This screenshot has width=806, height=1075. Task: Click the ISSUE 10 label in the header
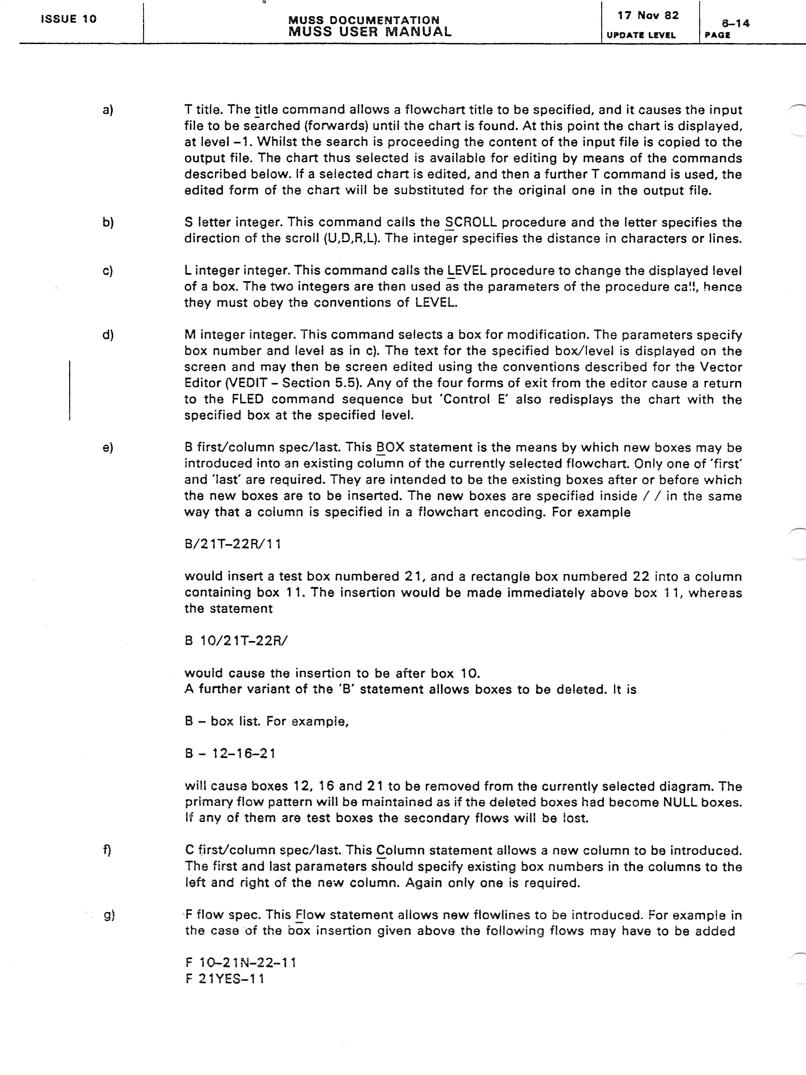click(69, 19)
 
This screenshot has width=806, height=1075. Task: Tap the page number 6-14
click(735, 23)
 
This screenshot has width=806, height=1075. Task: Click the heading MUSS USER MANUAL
click(370, 32)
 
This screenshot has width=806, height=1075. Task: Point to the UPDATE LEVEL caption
click(641, 35)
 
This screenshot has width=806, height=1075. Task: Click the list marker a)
click(107, 110)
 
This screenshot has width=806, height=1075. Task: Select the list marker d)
click(107, 335)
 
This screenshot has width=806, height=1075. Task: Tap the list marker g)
click(109, 915)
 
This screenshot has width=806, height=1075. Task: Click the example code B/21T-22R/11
click(233, 544)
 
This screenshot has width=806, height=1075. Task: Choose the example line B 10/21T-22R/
click(236, 641)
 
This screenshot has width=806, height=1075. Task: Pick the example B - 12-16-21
click(230, 754)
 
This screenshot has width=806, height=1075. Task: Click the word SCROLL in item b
click(471, 223)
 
